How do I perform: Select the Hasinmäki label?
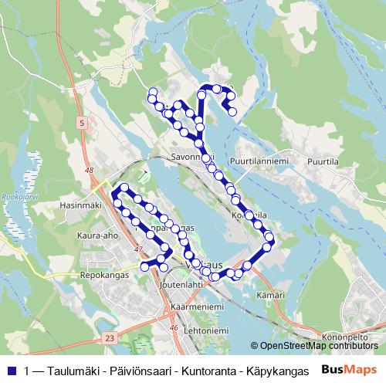(x=80, y=206)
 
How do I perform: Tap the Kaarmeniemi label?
(x=197, y=306)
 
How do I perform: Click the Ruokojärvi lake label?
(x=16, y=196)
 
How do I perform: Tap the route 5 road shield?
(x=81, y=122)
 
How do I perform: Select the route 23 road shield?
(x=110, y=337)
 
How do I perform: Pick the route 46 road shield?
(x=174, y=327)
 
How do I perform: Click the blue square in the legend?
(x=10, y=370)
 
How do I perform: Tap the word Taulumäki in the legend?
(x=73, y=370)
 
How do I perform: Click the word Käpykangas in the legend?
(x=270, y=370)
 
